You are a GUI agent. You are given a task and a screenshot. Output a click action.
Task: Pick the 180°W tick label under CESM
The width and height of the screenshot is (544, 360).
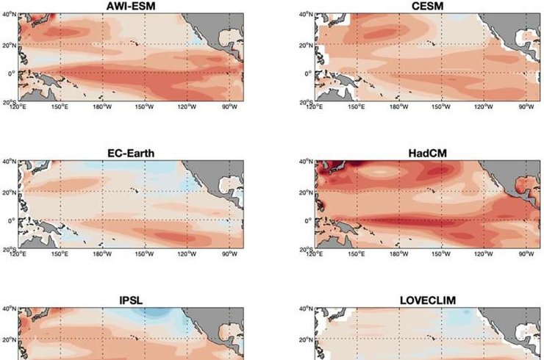[399, 108]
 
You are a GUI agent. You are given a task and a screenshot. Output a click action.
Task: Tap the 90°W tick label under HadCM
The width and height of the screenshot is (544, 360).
[526, 254]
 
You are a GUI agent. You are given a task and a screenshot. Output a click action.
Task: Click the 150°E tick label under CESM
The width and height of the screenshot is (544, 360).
[357, 108]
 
